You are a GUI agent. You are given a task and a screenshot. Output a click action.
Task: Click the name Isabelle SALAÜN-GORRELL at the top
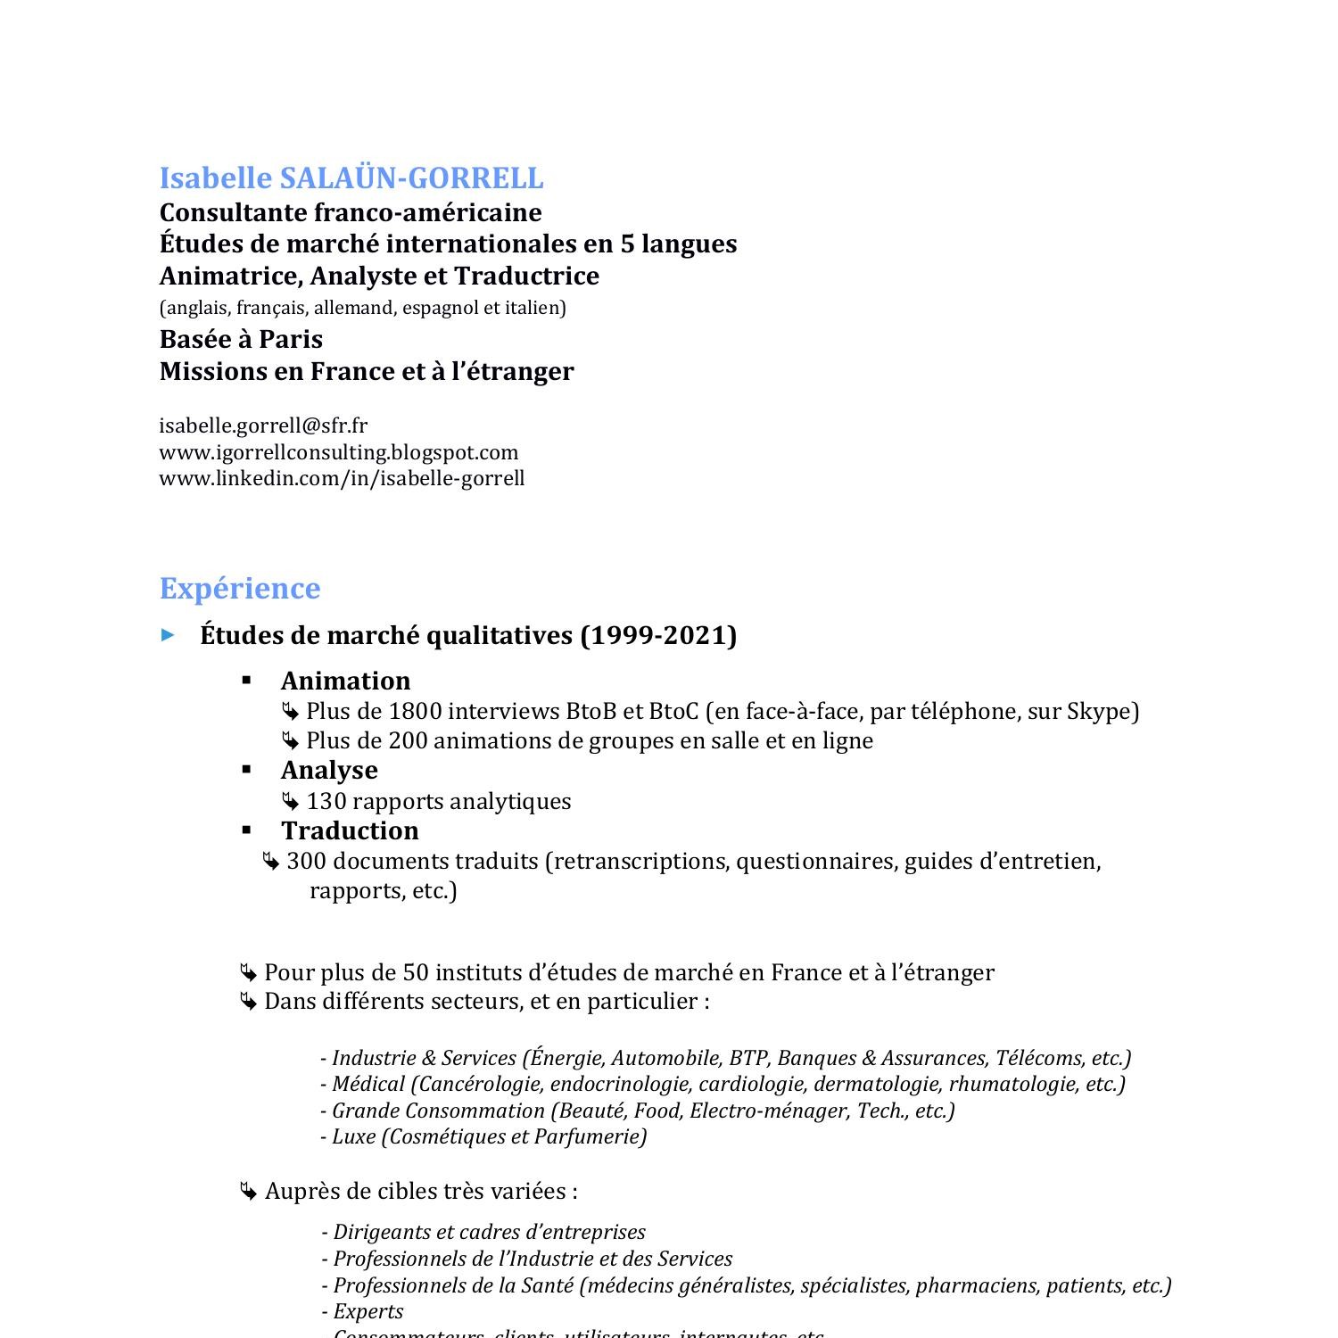(x=351, y=178)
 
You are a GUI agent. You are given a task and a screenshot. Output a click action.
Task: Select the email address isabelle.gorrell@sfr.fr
(x=263, y=425)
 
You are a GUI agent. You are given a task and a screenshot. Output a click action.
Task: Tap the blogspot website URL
(x=339, y=452)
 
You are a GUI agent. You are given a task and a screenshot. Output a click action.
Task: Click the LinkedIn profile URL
(x=342, y=478)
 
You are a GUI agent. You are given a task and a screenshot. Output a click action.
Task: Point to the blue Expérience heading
(x=239, y=589)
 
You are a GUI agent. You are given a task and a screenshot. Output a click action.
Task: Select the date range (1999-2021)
(x=658, y=635)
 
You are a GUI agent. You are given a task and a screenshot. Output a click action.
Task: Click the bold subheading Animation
(x=345, y=681)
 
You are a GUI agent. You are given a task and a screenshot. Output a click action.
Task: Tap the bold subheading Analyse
(x=329, y=770)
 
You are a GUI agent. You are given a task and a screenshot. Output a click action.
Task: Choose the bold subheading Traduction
(x=350, y=830)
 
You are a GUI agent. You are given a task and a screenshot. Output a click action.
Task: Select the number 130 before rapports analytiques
(x=326, y=801)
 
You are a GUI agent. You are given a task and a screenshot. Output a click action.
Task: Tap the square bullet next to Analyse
(x=247, y=769)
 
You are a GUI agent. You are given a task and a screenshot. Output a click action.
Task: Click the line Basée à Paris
(x=241, y=339)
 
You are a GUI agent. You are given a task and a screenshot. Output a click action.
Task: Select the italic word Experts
(x=368, y=1311)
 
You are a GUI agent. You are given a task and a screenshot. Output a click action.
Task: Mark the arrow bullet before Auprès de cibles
(x=248, y=1192)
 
